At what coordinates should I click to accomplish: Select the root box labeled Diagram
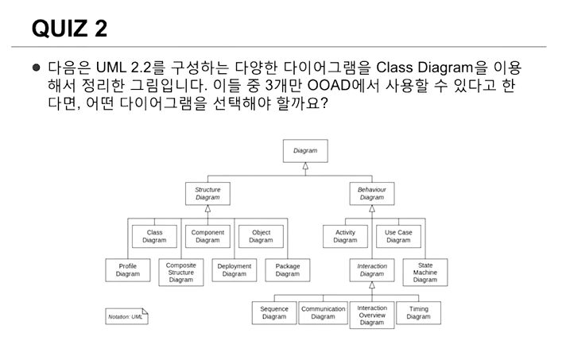click(305, 150)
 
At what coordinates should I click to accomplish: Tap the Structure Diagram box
click(207, 194)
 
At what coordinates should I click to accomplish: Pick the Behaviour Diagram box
click(371, 194)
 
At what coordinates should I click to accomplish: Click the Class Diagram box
click(154, 236)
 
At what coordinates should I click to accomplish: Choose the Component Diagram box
click(207, 236)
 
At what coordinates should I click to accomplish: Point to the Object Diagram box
click(261, 236)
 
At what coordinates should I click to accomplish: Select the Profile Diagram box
click(128, 270)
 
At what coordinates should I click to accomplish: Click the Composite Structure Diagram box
click(181, 272)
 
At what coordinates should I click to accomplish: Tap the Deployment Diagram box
click(235, 270)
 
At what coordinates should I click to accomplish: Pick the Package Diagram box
click(288, 270)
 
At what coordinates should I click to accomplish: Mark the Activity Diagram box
click(345, 236)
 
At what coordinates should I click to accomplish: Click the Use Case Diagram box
click(398, 236)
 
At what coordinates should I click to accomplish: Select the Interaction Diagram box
click(371, 270)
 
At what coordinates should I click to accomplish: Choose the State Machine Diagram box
click(425, 272)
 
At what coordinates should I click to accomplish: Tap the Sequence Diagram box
click(274, 312)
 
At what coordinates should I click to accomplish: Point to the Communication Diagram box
click(323, 312)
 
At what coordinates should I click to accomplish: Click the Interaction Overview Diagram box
click(371, 315)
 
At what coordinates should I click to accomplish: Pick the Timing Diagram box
click(418, 312)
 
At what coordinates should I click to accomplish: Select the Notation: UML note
click(126, 316)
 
